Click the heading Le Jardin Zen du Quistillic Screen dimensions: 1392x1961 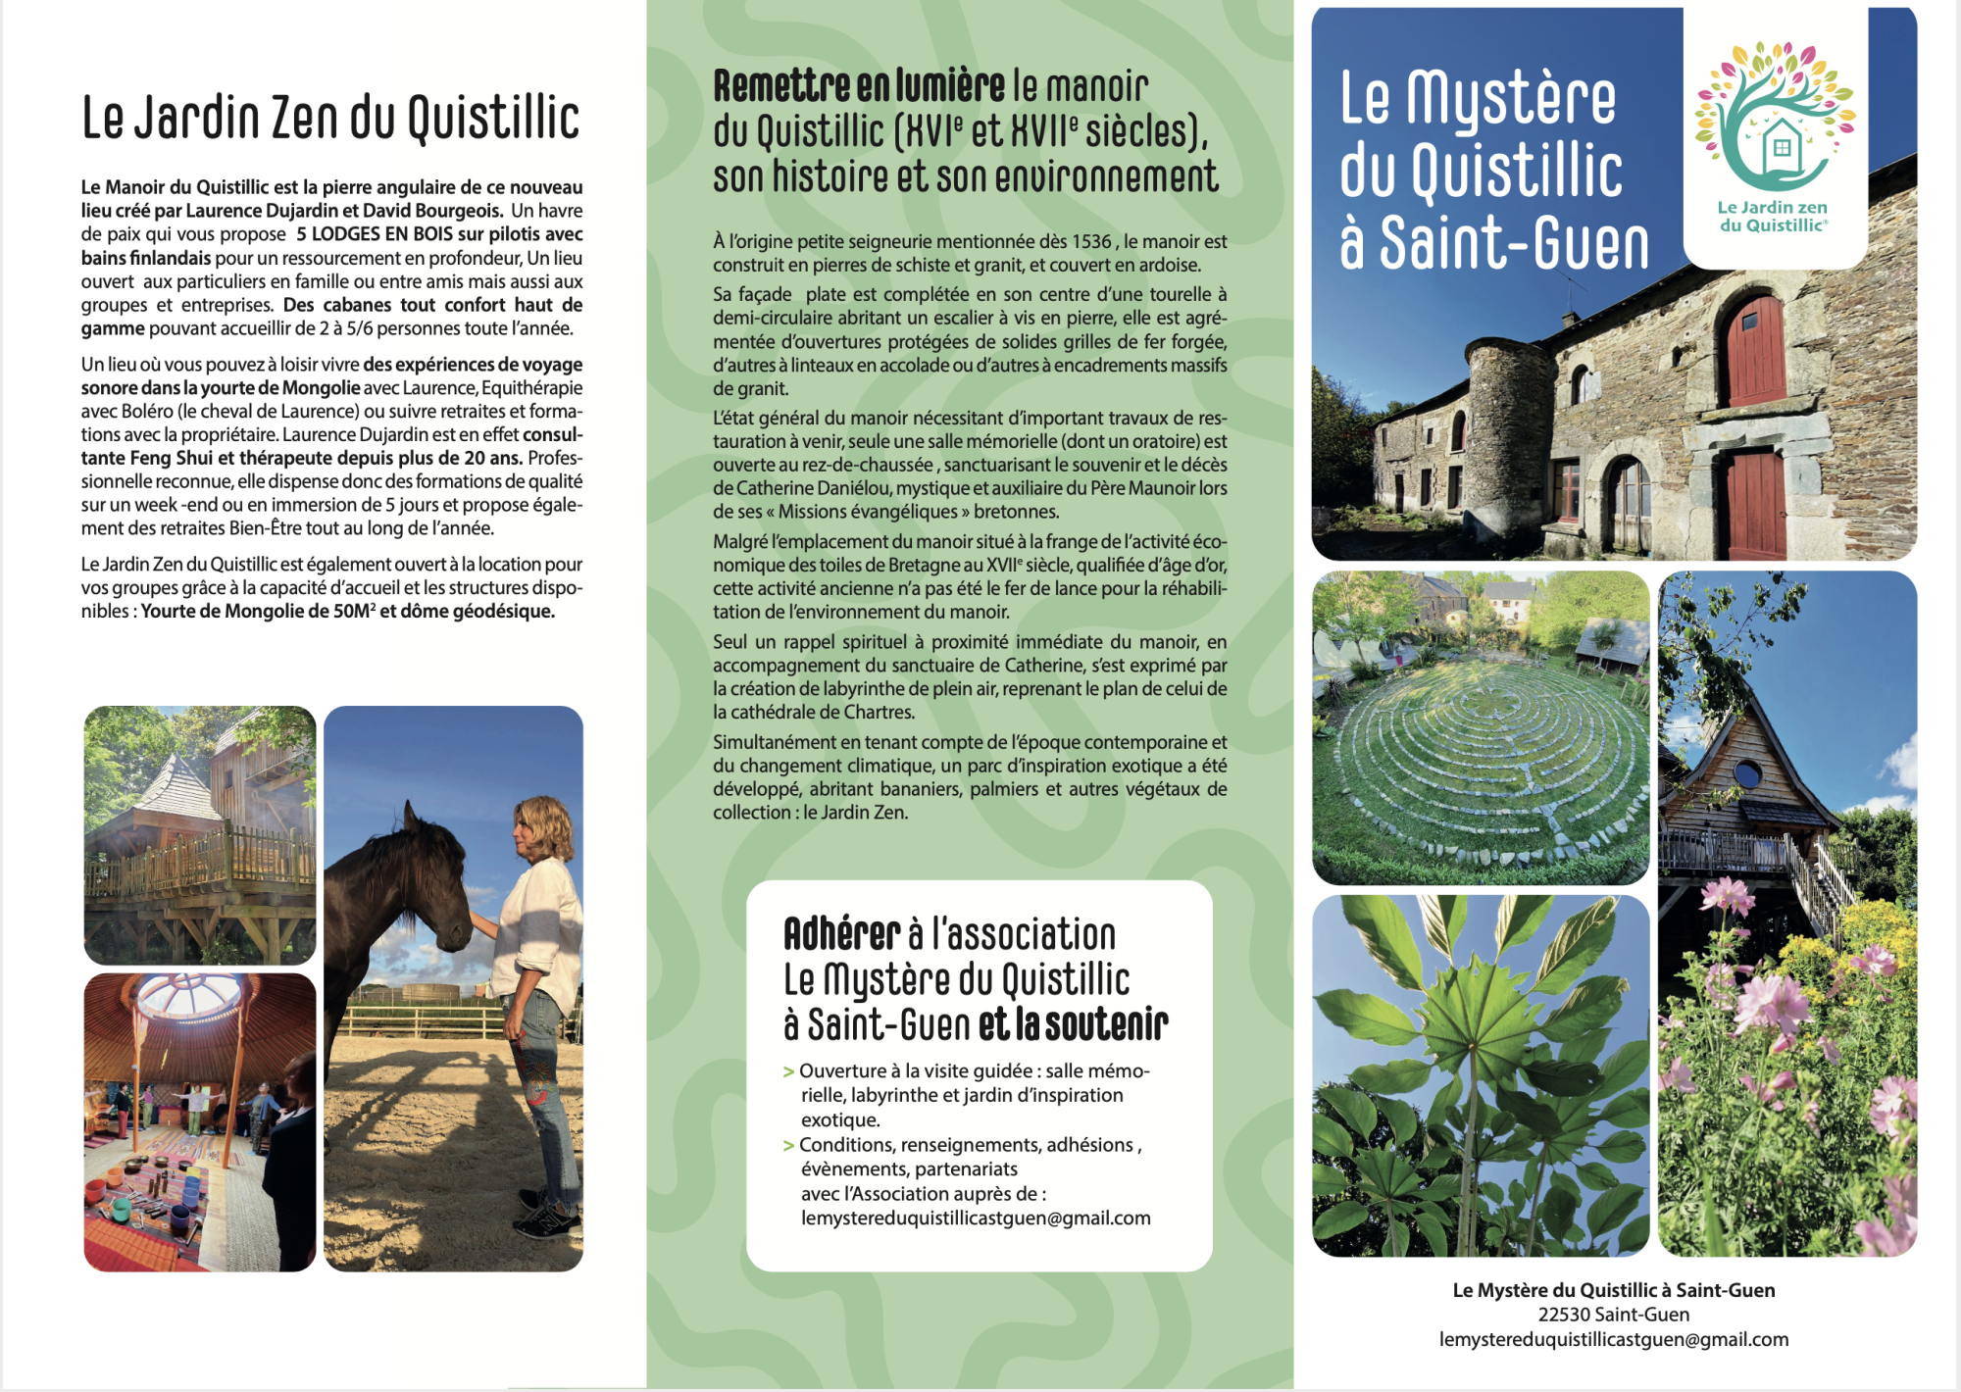tap(330, 119)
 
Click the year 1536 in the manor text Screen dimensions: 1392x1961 tap(1092, 241)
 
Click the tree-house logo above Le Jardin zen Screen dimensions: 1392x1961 tap(1776, 118)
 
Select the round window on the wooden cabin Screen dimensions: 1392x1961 tap(1747, 774)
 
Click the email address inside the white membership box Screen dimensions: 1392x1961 tap(976, 1218)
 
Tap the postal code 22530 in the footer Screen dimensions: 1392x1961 tap(1565, 1315)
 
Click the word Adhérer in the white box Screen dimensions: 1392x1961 tap(841, 934)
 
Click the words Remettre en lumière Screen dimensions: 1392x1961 tap(859, 86)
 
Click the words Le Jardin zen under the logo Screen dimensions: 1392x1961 tap(1772, 207)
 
